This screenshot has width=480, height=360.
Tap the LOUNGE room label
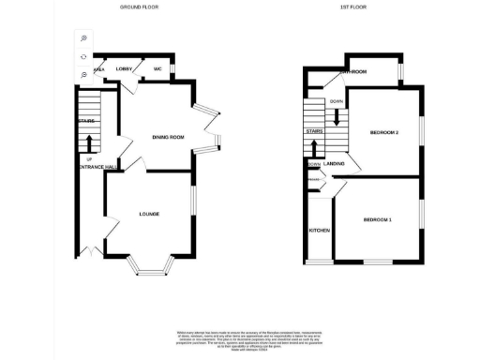[149, 214]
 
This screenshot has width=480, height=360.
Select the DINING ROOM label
[168, 138]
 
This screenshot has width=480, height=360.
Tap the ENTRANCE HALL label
[97, 168]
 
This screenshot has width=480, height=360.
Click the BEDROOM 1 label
[377, 219]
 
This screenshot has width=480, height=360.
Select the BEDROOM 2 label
[384, 132]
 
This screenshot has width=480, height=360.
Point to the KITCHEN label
[320, 230]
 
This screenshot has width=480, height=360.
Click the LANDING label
[334, 164]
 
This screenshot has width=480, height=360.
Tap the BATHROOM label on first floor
[352, 72]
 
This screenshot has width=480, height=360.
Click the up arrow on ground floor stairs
[89, 142]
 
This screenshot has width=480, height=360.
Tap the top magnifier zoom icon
[83, 38]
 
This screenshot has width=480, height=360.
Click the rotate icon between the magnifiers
[83, 56]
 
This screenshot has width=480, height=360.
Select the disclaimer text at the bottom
[241, 339]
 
